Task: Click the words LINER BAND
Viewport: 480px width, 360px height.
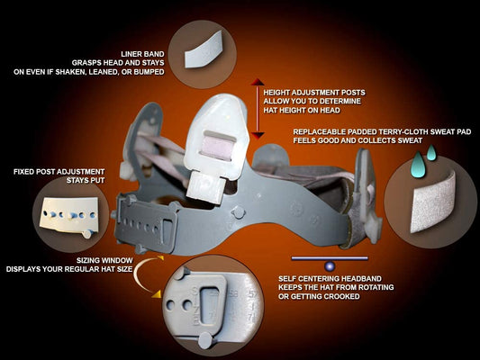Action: pos(142,54)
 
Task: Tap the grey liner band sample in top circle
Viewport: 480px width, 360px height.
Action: pos(204,49)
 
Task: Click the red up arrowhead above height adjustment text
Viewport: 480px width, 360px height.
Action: pos(258,82)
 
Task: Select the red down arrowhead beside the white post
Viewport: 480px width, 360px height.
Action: pos(258,136)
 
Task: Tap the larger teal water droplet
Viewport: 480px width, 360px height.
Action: pos(418,164)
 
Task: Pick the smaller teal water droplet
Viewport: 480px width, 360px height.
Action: pos(431,153)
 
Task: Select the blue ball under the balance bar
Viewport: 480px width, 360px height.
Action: pos(330,266)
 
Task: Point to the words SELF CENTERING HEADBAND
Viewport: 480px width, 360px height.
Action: pos(330,279)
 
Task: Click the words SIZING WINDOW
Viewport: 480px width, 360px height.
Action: pos(104,260)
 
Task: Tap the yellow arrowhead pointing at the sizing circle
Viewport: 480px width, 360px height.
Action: pos(156,294)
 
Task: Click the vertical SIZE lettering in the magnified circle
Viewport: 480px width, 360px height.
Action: pos(195,306)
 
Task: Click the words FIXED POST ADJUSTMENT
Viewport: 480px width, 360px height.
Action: pos(59,172)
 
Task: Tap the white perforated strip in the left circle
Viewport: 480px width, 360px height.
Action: pos(69,215)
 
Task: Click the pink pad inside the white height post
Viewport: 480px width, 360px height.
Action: pos(218,148)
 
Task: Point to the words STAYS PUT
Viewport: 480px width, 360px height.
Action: pos(86,180)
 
